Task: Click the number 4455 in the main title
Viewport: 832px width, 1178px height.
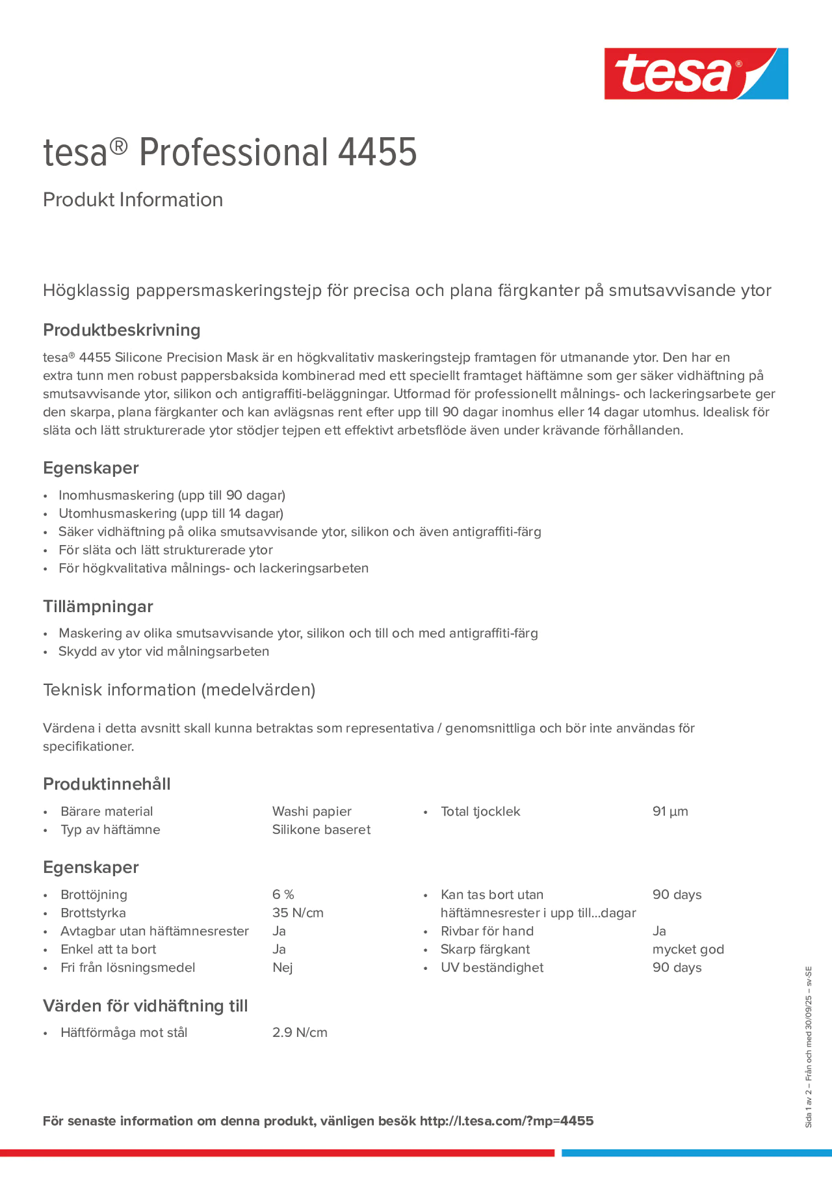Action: point(377,153)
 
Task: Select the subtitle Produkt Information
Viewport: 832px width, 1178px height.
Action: point(133,200)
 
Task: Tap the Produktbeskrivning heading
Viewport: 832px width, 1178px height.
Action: point(122,330)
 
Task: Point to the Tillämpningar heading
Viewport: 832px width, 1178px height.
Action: point(98,606)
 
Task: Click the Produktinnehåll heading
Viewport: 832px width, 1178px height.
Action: point(107,784)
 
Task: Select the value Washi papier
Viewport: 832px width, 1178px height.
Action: point(311,811)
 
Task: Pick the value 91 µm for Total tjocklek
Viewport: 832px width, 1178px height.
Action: point(670,811)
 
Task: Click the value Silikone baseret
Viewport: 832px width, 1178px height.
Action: point(321,830)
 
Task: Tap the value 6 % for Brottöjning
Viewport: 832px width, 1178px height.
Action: point(283,894)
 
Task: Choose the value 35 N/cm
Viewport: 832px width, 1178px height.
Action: point(298,913)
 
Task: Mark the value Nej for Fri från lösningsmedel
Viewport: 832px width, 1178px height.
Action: point(282,967)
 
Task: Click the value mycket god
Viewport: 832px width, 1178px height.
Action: point(688,949)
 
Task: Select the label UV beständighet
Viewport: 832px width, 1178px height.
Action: point(492,967)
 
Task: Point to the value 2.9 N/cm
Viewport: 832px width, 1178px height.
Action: point(299,1032)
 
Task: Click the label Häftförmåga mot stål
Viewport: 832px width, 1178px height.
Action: point(123,1032)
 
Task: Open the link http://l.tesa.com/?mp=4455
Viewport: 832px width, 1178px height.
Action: point(506,1121)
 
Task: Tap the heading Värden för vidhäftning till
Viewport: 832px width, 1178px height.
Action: point(145,1006)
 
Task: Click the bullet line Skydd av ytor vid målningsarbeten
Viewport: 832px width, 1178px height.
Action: point(164,651)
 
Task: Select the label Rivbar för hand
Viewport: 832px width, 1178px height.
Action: point(487,931)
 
